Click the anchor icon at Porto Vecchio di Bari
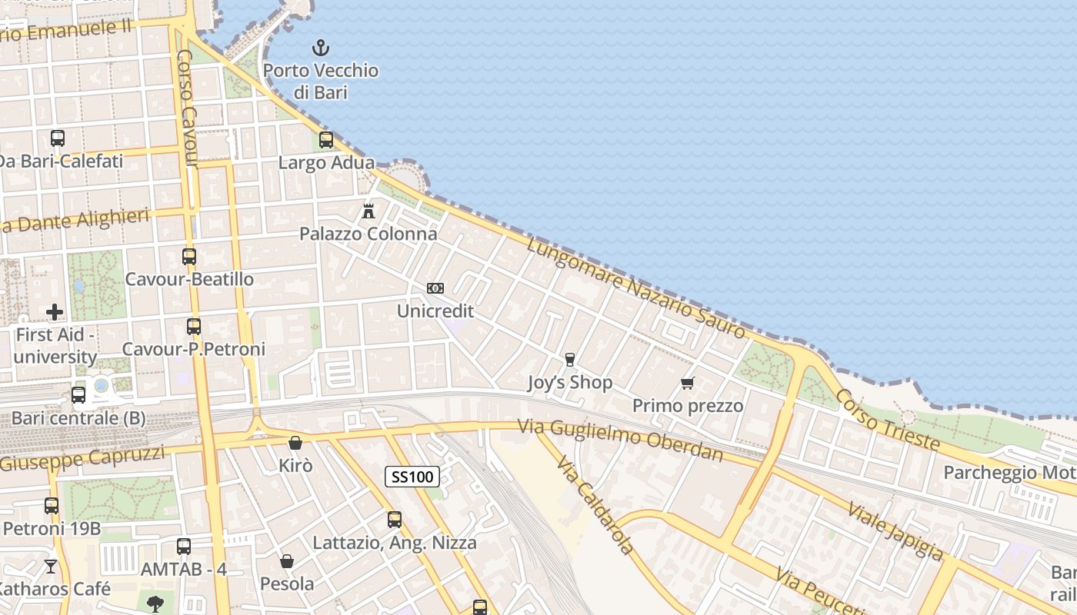point(321,48)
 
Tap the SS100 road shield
point(412,477)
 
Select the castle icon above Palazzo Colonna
point(368,211)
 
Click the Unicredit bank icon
point(435,288)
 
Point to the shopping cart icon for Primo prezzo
point(688,383)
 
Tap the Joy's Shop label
point(570,382)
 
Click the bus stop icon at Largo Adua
point(326,140)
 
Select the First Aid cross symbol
point(55,311)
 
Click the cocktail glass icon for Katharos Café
point(51,567)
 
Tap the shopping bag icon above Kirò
point(295,443)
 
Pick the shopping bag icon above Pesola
point(287,561)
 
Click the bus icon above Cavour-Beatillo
point(189,257)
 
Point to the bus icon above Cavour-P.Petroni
point(194,327)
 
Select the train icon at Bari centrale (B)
point(78,395)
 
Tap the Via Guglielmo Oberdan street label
point(620,440)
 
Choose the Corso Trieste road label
point(887,420)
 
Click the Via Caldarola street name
point(595,504)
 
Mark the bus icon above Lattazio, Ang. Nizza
point(395,520)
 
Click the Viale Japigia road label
point(895,531)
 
